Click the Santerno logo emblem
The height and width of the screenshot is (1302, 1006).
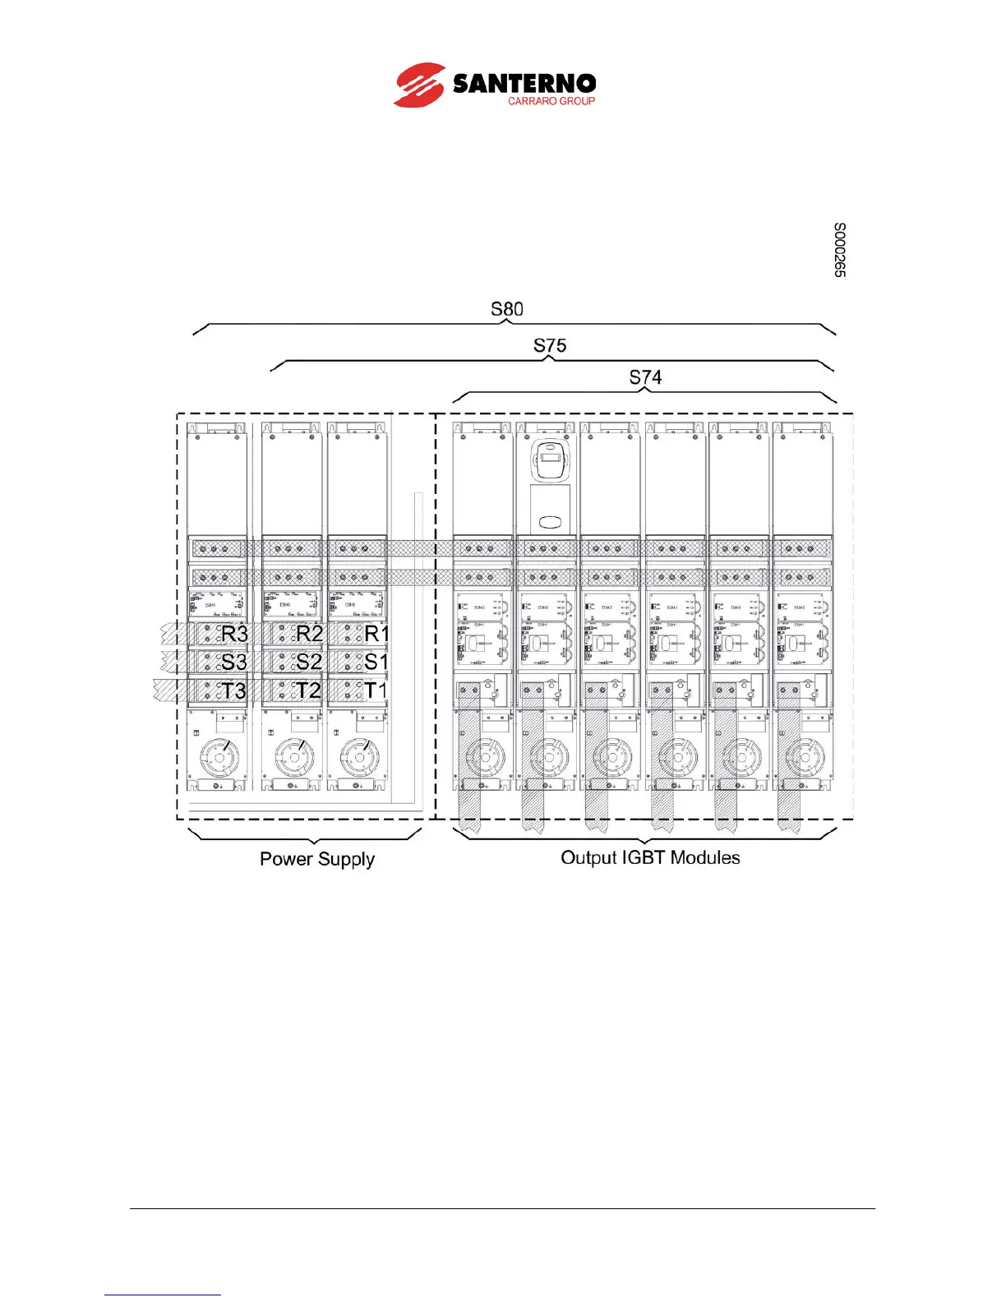tap(420, 85)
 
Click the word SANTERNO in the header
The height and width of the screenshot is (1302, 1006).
tap(524, 83)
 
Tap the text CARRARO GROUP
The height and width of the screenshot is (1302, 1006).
tap(551, 101)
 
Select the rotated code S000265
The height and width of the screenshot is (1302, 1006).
tap(839, 250)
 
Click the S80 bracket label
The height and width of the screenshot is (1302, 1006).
tap(506, 309)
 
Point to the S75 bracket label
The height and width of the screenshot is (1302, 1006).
tap(549, 345)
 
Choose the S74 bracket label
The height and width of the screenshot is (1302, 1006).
tap(645, 377)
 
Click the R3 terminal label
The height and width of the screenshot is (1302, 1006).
tap(234, 634)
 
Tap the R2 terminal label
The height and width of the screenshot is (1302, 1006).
tap(309, 634)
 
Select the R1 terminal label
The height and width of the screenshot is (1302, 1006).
tap(376, 634)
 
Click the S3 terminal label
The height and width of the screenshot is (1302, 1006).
tap(234, 662)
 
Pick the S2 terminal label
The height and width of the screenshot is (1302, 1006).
tap(309, 662)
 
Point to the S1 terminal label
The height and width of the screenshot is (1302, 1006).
tap(376, 662)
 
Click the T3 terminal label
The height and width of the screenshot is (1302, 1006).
tap(234, 690)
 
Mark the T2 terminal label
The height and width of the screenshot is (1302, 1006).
tap(309, 690)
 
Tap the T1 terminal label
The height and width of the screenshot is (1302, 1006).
tap(376, 690)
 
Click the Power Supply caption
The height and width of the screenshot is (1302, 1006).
tap(317, 859)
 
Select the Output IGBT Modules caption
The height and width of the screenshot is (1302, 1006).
tap(650, 857)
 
